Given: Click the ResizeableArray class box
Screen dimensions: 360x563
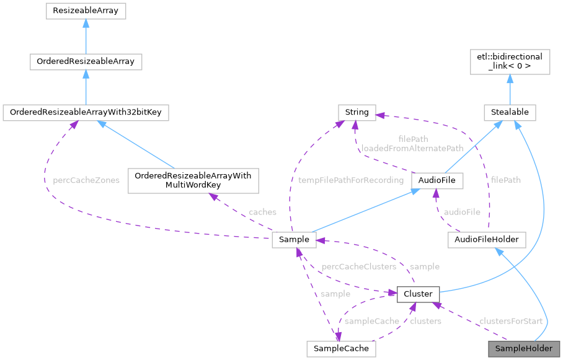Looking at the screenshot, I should click(86, 11).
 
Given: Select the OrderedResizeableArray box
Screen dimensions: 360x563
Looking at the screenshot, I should click(86, 61).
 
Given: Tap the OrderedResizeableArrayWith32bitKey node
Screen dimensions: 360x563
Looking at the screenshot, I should click(86, 112).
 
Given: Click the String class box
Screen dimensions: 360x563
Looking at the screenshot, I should click(357, 112).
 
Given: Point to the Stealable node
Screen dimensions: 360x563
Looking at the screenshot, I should click(510, 112).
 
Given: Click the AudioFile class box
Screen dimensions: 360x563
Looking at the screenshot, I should click(438, 180).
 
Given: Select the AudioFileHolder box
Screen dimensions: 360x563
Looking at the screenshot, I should click(487, 239).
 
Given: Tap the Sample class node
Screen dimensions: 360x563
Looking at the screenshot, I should click(295, 239).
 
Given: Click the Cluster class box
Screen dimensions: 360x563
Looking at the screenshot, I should click(418, 293).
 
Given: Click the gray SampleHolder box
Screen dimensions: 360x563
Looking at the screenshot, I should click(524, 348).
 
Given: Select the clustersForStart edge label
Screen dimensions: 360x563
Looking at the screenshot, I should click(511, 321).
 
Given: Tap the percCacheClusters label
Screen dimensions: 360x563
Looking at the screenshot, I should click(358, 266).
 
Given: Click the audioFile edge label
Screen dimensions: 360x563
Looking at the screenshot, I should click(462, 211).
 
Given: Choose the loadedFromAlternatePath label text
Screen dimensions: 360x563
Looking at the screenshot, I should click(413, 149).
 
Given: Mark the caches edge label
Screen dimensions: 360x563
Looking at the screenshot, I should click(262, 212).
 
